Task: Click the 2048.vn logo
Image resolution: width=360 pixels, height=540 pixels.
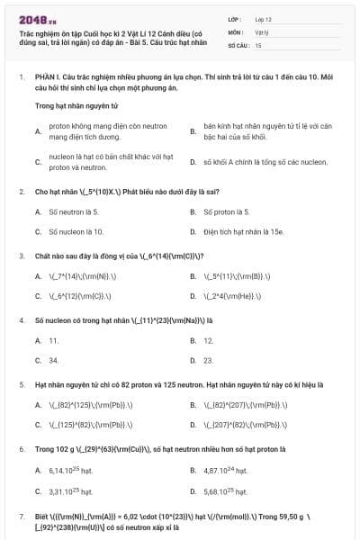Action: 32,19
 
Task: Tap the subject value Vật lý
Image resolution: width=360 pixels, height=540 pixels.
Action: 261,31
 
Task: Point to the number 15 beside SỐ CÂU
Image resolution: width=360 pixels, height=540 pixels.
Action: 258,44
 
